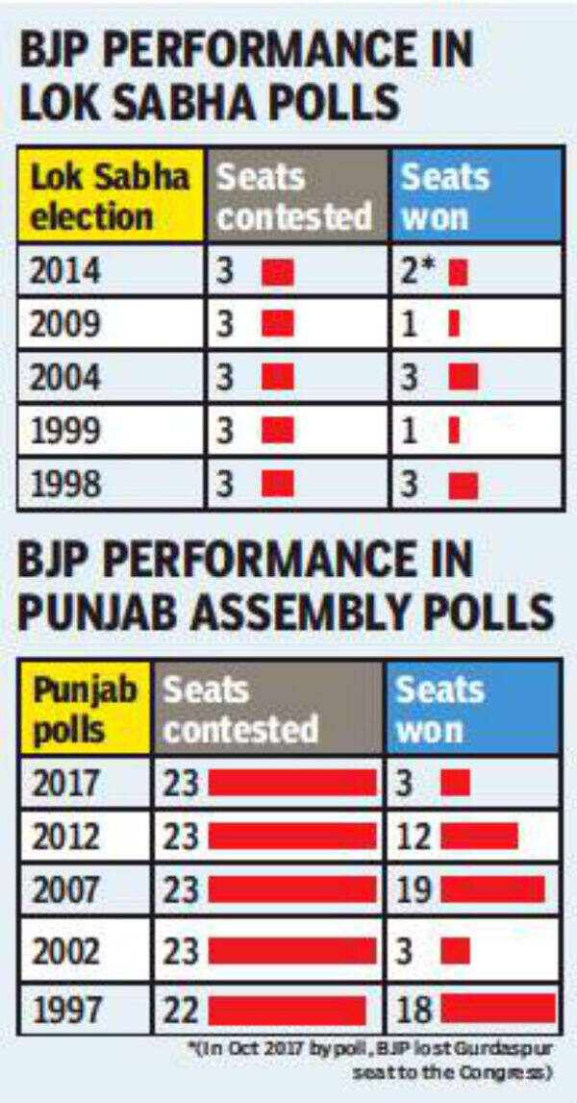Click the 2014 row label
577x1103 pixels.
(65, 272)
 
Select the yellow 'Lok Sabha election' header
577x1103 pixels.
(109, 196)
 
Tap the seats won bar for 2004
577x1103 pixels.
(463, 378)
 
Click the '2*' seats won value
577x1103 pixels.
(420, 272)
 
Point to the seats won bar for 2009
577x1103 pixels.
(454, 325)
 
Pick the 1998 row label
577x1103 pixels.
(65, 484)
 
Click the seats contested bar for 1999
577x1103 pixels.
(278, 431)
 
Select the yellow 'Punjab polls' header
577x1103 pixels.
(86, 709)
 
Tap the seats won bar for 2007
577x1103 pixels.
(492, 890)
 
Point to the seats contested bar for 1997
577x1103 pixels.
(287, 1010)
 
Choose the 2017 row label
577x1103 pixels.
(65, 783)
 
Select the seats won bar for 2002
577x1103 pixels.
(455, 951)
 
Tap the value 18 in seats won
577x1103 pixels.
(415, 1010)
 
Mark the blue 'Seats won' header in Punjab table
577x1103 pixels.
(472, 709)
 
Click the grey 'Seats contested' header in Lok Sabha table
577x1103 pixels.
(294, 196)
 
